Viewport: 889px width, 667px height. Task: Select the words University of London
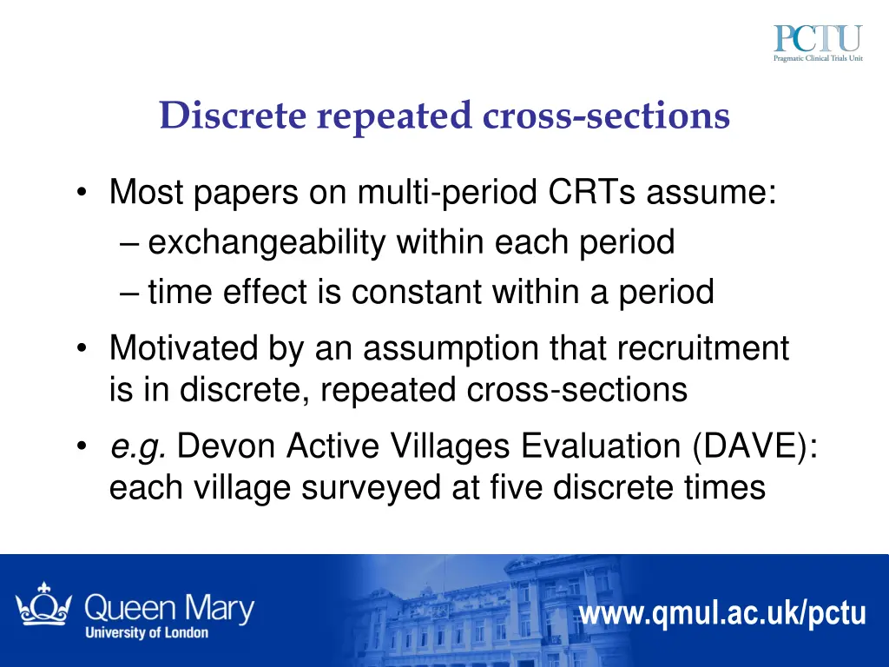click(x=146, y=632)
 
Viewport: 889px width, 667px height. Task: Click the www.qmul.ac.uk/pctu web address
click(x=722, y=614)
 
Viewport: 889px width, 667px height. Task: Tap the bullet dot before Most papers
click(x=81, y=193)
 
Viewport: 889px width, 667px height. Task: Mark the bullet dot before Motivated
click(x=81, y=349)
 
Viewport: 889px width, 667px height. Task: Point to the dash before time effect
click(x=129, y=293)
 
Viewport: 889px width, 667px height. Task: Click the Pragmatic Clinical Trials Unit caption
click(x=818, y=59)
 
